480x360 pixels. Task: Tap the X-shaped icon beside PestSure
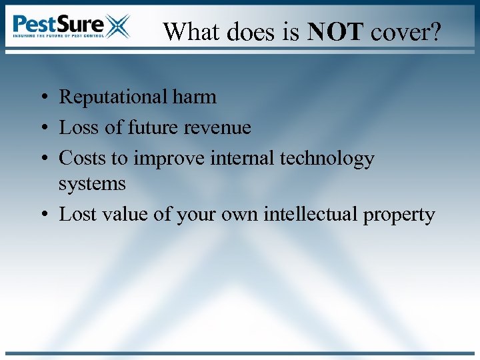click(x=117, y=26)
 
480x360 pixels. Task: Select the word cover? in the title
click(x=405, y=31)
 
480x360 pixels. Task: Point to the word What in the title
click(x=191, y=31)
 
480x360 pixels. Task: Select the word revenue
click(x=219, y=127)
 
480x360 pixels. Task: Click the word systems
click(x=92, y=183)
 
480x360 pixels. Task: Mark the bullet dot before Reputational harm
click(x=42, y=98)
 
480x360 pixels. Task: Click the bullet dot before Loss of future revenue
click(x=42, y=128)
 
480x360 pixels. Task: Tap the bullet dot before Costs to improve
click(x=42, y=159)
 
